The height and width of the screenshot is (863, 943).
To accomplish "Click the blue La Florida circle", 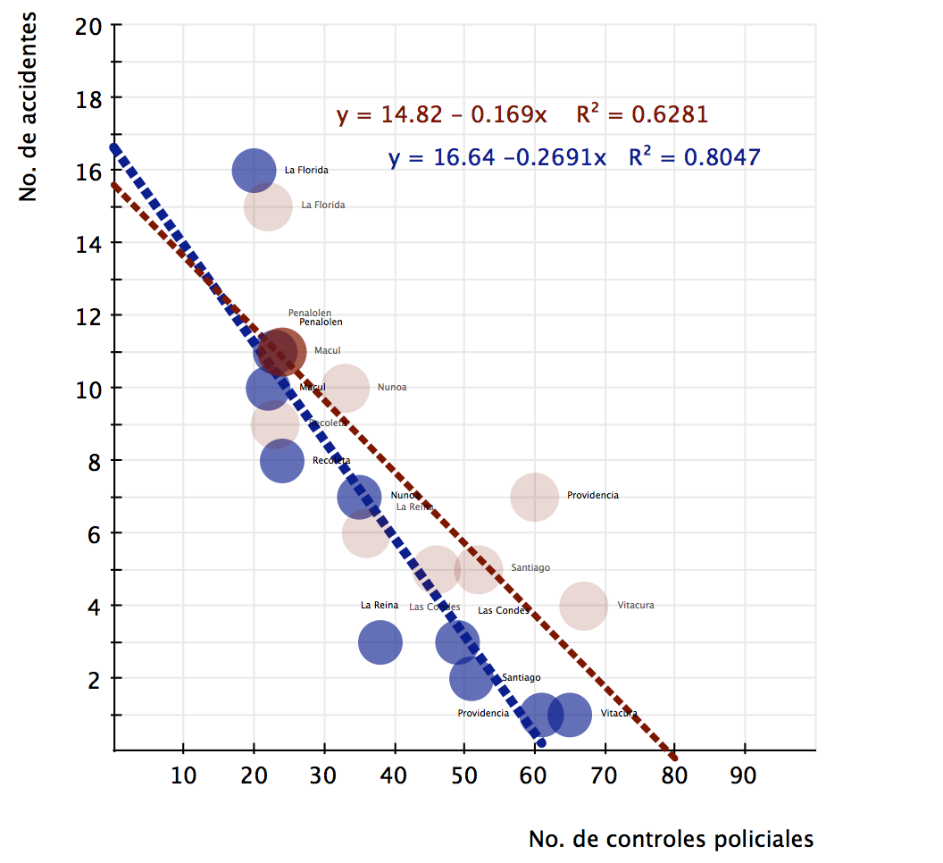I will [x=255, y=170].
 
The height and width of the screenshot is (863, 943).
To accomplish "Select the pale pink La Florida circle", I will [x=268, y=206].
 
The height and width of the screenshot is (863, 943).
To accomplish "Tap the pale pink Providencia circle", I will [x=535, y=496].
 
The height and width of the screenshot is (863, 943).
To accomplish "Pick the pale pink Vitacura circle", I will [x=584, y=606].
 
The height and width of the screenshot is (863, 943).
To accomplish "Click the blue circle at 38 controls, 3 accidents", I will [x=380, y=641].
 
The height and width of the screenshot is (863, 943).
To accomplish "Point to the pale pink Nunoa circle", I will [x=346, y=388].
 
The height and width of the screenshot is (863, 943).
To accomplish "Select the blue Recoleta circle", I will [x=282, y=461].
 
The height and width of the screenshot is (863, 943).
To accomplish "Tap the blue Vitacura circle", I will [x=570, y=714].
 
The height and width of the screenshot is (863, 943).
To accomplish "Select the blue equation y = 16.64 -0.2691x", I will [x=497, y=158].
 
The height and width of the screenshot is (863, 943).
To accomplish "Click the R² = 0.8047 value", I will [x=694, y=157].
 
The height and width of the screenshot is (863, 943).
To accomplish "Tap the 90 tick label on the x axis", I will [x=744, y=775].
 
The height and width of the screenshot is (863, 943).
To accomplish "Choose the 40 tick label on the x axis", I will [x=394, y=775].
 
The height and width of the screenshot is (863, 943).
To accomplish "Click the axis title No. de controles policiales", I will [x=671, y=839].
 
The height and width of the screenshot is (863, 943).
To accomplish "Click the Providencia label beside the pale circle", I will [x=592, y=495].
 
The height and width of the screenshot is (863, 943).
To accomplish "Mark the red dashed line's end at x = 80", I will [x=673, y=749].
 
